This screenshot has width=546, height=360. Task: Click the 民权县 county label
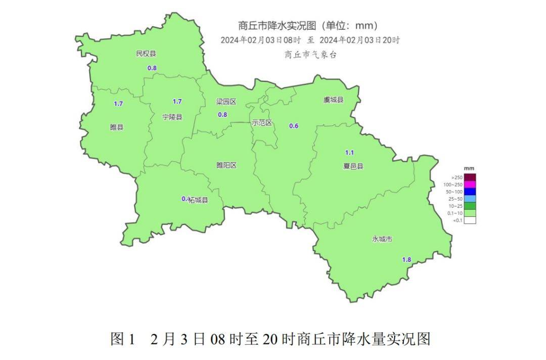[146, 54]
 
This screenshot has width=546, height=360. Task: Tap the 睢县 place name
[117, 127]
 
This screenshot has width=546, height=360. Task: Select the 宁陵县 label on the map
[172, 117]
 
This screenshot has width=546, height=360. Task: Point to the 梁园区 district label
[226, 102]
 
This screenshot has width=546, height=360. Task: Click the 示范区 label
[262, 123]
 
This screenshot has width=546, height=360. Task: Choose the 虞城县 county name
[333, 100]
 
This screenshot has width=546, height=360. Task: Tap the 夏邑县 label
[353, 166]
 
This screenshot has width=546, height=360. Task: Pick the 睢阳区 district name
[226, 165]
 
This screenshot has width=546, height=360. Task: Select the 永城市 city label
[382, 239]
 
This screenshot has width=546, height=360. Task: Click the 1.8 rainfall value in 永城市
[406, 259]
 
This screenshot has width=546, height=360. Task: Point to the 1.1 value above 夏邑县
[349, 153]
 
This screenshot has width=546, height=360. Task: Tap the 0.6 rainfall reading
[294, 126]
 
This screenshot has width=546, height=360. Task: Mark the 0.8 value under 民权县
[152, 68]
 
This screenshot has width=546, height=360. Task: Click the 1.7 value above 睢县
[118, 104]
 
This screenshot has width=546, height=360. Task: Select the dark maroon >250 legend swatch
[470, 177]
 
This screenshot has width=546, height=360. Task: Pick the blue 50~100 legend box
[470, 192]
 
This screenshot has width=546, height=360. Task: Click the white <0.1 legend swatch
[470, 220]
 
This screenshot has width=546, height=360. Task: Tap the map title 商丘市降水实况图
[308, 26]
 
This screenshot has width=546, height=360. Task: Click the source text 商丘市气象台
[310, 55]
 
